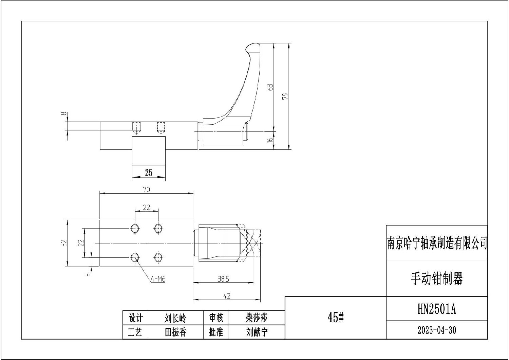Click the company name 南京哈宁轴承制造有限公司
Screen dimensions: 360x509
click(x=437, y=243)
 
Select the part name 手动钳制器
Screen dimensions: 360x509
click(x=437, y=278)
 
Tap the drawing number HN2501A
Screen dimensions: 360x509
click(x=437, y=309)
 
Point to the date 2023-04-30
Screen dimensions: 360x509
click(x=437, y=330)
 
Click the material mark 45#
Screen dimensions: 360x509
click(x=335, y=318)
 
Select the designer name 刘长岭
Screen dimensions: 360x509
click(x=175, y=318)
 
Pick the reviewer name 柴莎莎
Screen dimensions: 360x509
click(x=257, y=318)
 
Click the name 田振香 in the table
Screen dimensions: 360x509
click(x=175, y=332)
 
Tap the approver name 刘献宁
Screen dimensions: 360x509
click(x=257, y=332)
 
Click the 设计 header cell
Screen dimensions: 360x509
click(x=135, y=318)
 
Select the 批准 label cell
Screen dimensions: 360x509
click(x=216, y=332)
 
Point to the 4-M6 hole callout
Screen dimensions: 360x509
click(x=158, y=279)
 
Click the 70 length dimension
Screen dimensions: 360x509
click(x=147, y=190)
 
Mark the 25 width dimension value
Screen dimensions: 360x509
click(x=149, y=173)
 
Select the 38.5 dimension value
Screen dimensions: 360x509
click(x=223, y=279)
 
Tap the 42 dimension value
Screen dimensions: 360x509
click(x=227, y=296)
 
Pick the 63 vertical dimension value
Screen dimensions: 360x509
click(x=270, y=87)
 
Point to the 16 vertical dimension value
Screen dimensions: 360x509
click(x=270, y=140)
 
